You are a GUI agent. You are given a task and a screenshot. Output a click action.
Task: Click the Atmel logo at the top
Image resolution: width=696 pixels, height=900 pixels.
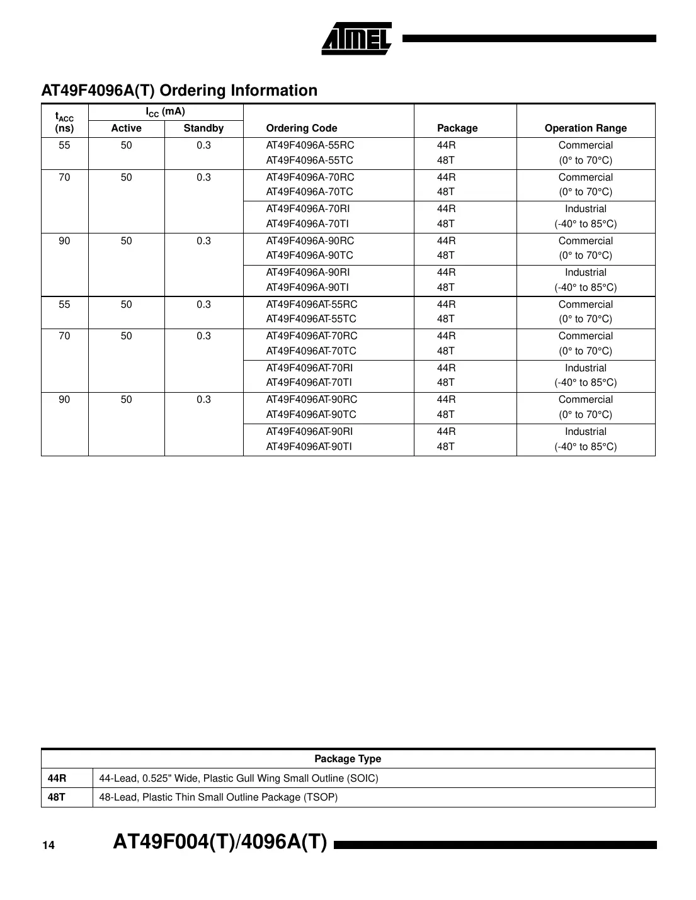[357, 38]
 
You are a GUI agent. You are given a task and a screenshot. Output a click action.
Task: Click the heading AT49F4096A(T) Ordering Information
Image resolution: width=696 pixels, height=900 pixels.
[180, 91]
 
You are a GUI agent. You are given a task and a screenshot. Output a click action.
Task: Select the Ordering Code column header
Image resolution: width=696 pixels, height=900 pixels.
[302, 128]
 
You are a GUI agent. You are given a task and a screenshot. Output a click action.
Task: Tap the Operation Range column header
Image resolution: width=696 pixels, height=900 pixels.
[585, 128]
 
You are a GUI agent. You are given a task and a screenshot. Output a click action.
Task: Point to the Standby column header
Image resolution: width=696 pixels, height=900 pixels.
[203, 128]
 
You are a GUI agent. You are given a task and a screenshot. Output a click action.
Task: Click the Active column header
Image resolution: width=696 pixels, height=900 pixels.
[126, 128]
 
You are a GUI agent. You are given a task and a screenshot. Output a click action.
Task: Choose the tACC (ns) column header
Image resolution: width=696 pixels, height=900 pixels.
[64, 122]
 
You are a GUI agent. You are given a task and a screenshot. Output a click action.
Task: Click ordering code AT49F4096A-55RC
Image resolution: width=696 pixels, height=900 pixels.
[310, 145]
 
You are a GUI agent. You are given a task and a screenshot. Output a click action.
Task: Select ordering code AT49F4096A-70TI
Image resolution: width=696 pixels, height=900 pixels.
[307, 223]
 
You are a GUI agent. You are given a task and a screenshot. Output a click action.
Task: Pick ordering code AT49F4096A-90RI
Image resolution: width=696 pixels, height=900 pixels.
[308, 273]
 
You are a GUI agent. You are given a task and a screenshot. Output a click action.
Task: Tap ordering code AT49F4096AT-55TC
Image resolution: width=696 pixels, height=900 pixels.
[311, 319]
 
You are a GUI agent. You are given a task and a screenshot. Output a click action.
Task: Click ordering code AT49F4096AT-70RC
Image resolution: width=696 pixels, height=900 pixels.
[312, 336]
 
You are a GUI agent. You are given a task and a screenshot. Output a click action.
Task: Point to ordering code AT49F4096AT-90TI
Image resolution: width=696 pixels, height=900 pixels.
[309, 446]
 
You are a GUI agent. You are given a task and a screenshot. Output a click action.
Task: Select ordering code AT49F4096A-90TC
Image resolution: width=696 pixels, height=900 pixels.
[309, 256]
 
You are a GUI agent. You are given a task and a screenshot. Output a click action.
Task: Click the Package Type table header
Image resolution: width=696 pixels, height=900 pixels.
[348, 759]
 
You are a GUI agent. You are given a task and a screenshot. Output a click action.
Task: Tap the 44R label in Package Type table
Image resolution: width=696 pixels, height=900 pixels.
[57, 779]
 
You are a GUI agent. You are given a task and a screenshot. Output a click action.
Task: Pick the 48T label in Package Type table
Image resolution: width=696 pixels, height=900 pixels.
[57, 797]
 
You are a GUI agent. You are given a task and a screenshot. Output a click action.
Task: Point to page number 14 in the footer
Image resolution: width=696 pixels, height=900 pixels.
[48, 845]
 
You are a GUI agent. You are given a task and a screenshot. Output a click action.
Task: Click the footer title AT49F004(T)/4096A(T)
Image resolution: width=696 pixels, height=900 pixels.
[220, 842]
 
